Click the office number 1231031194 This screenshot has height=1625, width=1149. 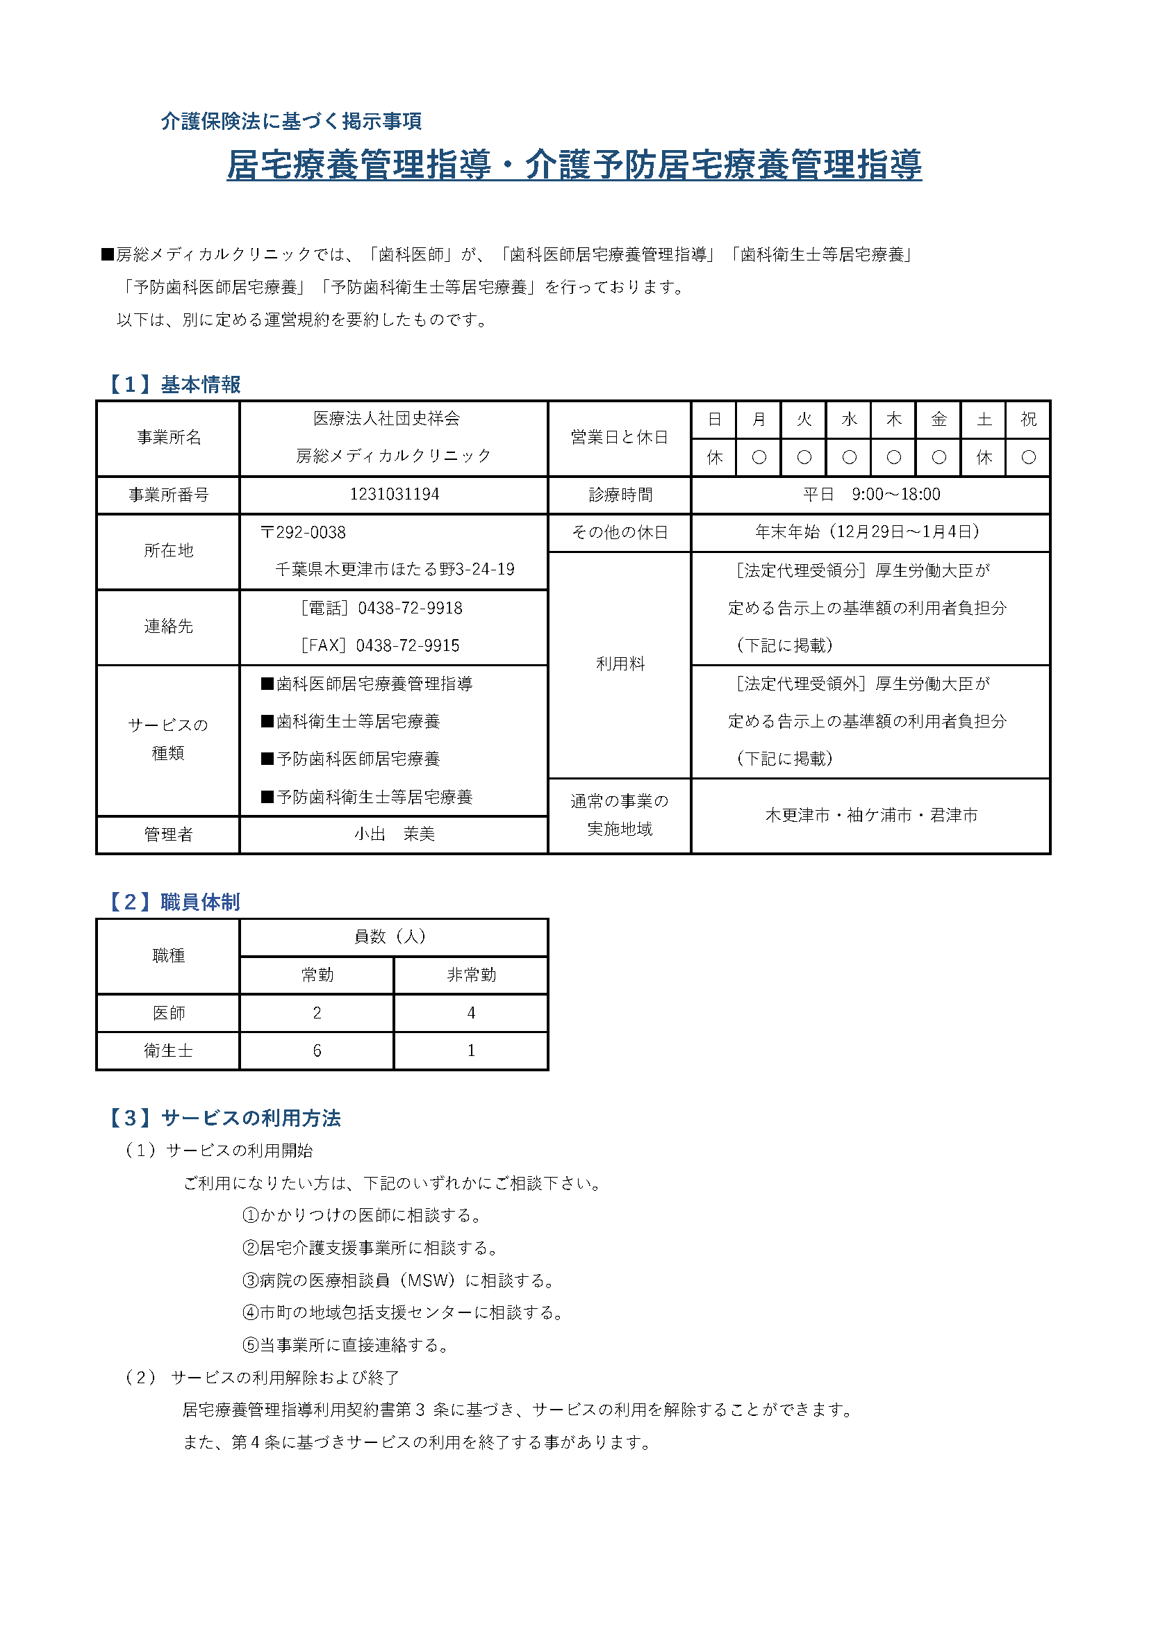click(x=394, y=494)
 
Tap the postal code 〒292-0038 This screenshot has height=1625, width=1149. click(x=303, y=532)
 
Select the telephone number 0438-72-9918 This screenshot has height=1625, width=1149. click(x=410, y=608)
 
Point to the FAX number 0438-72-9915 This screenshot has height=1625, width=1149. click(x=408, y=645)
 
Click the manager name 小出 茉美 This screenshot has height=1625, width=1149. click(x=394, y=834)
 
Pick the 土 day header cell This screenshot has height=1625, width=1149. click(x=984, y=420)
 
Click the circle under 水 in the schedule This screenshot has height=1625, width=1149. click(x=849, y=457)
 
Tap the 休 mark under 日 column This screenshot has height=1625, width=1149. click(x=715, y=457)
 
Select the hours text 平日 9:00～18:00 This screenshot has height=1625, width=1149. click(x=871, y=494)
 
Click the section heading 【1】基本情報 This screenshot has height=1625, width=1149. click(x=173, y=384)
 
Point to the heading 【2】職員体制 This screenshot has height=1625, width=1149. click(x=173, y=902)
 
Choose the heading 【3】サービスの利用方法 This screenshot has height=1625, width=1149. click(x=223, y=1118)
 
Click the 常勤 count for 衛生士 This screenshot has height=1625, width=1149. click(x=317, y=1050)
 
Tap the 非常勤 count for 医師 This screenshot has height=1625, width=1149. click(x=471, y=1013)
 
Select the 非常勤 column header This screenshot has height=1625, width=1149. click(x=471, y=975)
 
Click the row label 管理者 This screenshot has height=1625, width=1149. click(x=168, y=834)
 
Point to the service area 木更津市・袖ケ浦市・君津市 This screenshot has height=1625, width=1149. click(x=871, y=816)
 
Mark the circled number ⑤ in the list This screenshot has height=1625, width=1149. click(x=251, y=1345)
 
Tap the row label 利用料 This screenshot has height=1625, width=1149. click(x=620, y=664)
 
